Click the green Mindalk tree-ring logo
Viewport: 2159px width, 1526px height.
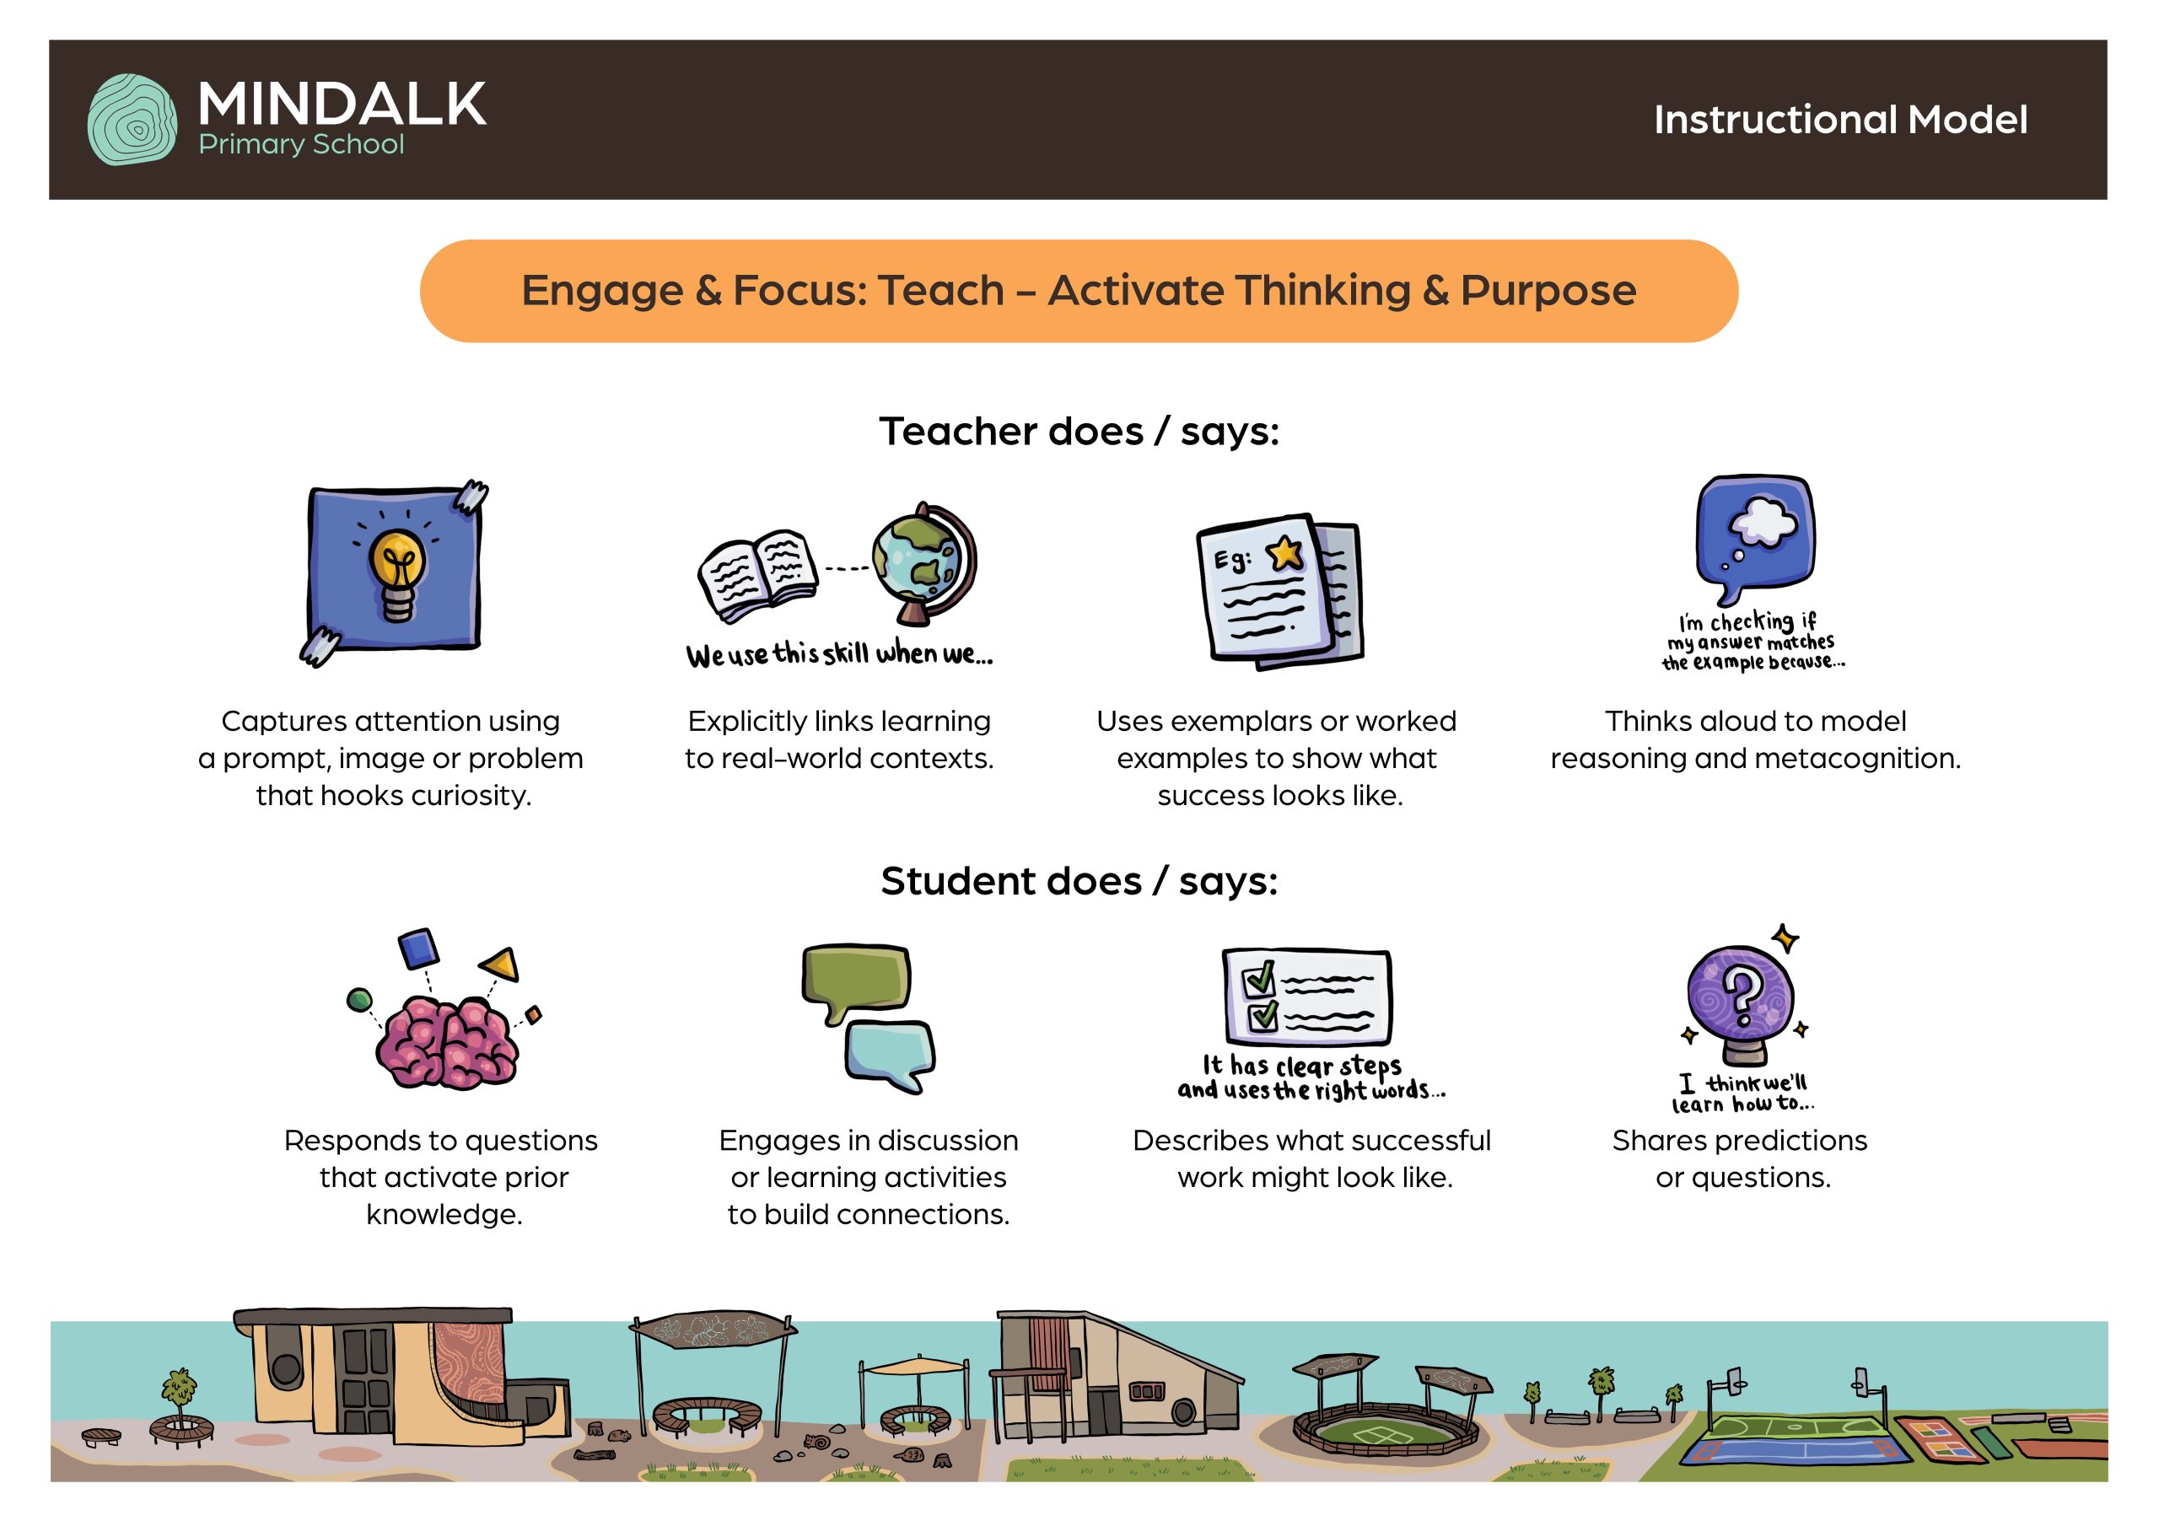(x=132, y=120)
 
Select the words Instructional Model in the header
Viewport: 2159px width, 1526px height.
(x=1840, y=120)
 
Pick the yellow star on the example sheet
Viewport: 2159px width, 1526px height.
(x=1285, y=553)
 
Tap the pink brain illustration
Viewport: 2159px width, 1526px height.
(x=446, y=1044)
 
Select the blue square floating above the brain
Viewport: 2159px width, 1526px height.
(x=418, y=948)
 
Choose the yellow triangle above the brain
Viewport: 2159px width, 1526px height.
(x=502, y=964)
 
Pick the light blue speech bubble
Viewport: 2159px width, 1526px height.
(x=890, y=1056)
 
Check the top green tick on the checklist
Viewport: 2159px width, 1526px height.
(x=1259, y=978)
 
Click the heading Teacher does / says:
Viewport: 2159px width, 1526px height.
(x=1079, y=432)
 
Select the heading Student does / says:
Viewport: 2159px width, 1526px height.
(x=1079, y=881)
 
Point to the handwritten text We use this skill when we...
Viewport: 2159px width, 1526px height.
(x=839, y=653)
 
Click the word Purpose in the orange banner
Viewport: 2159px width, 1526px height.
(x=1548, y=291)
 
